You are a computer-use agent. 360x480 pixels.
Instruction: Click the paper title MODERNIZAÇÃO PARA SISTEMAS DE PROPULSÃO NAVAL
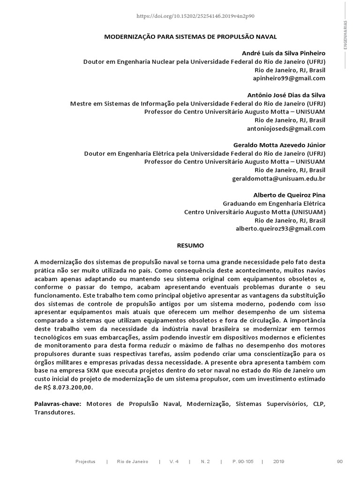point(190,36)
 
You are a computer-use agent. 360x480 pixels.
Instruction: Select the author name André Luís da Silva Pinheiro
point(283,53)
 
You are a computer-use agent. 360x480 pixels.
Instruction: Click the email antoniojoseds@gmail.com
point(285,128)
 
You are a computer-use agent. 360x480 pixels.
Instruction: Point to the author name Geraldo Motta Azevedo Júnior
point(279,145)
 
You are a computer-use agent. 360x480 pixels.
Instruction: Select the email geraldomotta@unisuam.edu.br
point(278,179)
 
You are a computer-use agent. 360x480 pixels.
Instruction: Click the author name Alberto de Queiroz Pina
point(289,195)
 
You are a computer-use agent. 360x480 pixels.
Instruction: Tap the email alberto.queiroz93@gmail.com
point(280,229)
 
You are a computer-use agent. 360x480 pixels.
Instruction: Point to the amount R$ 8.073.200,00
point(65,388)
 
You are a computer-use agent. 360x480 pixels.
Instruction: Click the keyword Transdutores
point(54,412)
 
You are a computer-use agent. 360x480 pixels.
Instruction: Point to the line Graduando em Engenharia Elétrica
point(274,203)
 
